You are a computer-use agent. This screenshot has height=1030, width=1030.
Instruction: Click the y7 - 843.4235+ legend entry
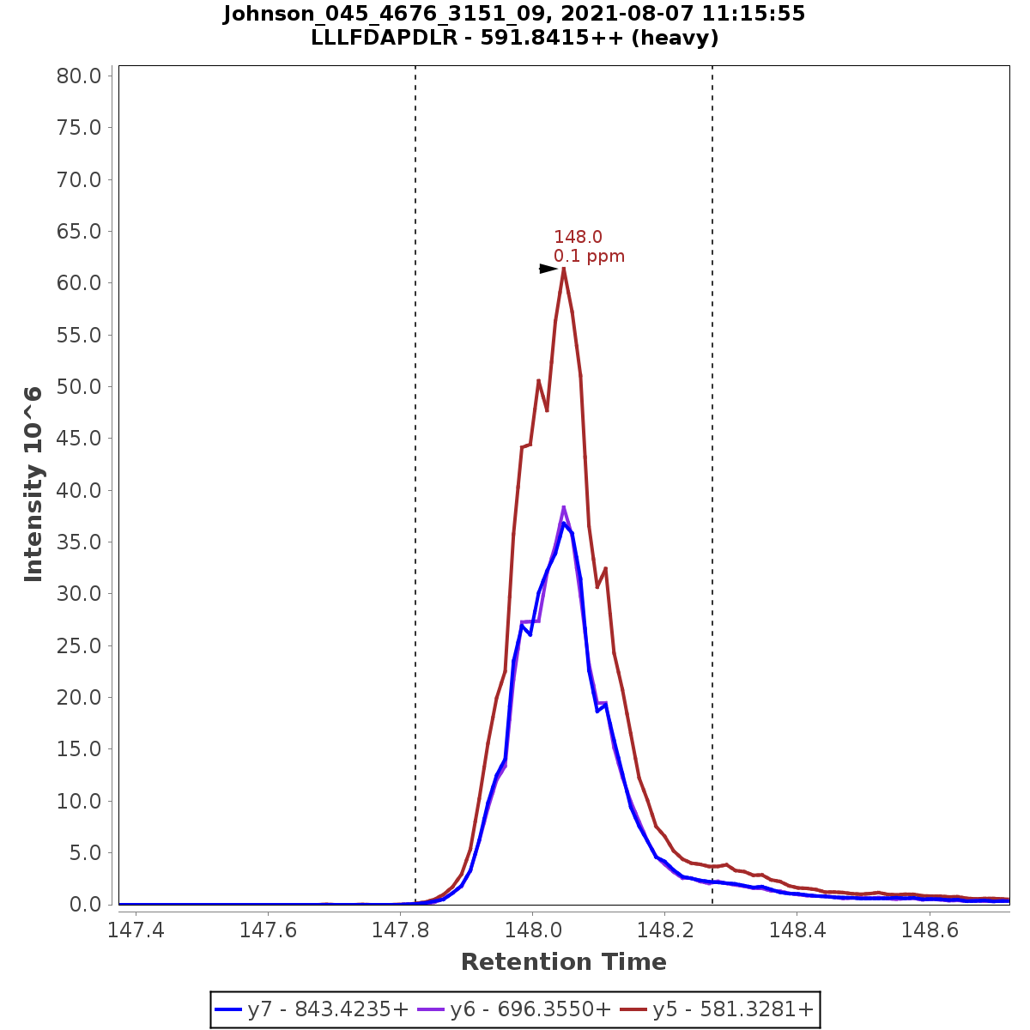[x=312, y=1009]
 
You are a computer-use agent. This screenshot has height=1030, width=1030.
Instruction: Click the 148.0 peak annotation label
[x=578, y=237]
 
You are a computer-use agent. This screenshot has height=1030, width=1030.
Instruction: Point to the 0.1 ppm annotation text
[x=589, y=256]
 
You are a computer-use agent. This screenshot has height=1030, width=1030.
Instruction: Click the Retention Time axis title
[x=563, y=962]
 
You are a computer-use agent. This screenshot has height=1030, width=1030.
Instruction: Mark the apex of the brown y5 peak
[x=564, y=269]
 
